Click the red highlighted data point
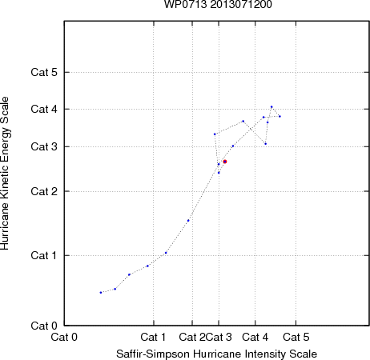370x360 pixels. click(225, 162)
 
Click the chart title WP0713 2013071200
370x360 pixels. click(218, 4)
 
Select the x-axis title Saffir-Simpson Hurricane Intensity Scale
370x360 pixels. click(217, 354)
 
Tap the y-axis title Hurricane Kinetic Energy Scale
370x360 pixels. click(5, 174)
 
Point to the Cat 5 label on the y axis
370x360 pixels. click(44, 72)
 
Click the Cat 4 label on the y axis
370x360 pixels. click(44, 109)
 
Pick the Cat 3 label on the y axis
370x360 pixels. click(44, 146)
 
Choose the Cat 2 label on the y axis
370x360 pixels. click(44, 191)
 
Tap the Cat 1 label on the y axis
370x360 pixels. click(44, 255)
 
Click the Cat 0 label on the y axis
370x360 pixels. click(44, 326)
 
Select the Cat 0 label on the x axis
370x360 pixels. click(64, 337)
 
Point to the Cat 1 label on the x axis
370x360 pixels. click(153, 337)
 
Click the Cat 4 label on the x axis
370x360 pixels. click(255, 337)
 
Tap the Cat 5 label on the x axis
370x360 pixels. click(296, 337)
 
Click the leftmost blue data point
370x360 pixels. click(101, 293)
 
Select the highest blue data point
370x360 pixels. click(271, 106)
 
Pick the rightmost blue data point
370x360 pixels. click(280, 116)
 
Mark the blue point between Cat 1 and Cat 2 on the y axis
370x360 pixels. click(188, 221)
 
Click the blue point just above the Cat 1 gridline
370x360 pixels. click(166, 253)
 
